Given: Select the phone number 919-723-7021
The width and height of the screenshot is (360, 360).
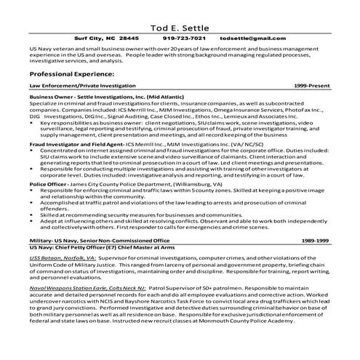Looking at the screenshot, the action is click(184, 37).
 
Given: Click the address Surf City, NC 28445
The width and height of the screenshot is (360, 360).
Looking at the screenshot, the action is click(107, 37).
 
